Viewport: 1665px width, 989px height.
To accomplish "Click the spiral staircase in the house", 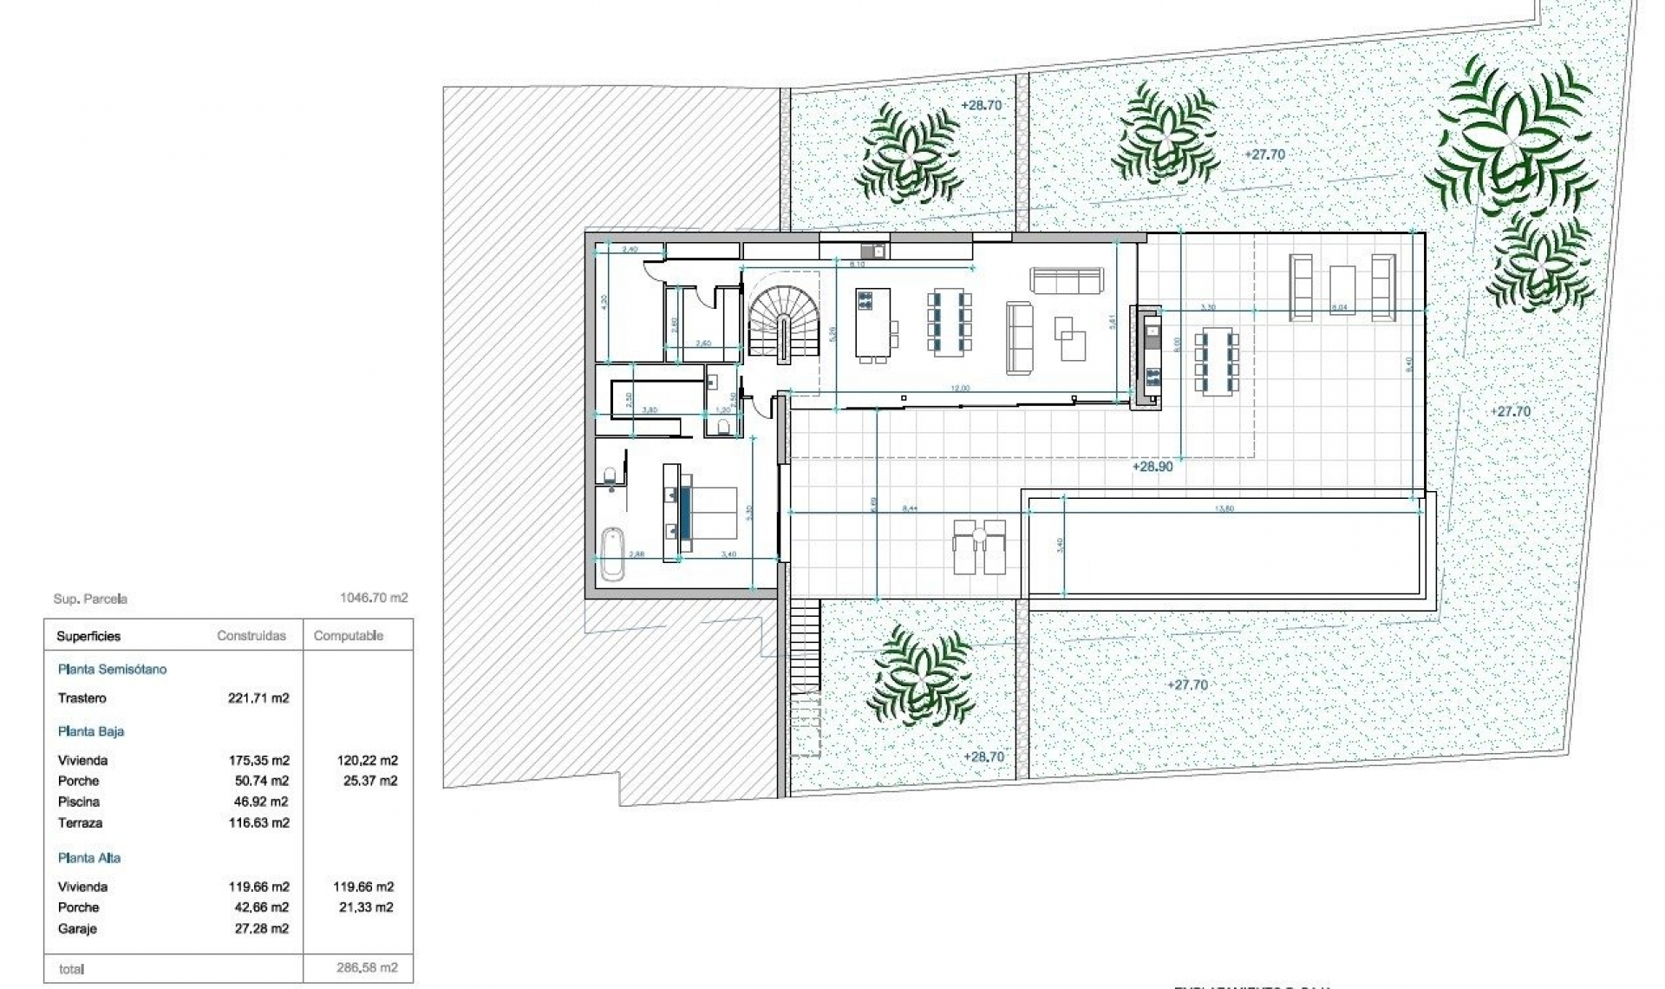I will tap(785, 323).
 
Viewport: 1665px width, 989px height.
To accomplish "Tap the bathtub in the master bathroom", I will tap(612, 554).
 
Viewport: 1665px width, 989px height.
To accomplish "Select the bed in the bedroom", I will tap(713, 513).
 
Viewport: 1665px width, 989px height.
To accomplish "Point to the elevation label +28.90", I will tap(1152, 467).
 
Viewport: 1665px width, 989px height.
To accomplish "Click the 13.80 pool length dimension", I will tap(1224, 508).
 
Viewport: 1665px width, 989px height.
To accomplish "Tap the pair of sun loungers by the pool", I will tap(980, 547).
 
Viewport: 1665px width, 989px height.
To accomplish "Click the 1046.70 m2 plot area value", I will tap(374, 598).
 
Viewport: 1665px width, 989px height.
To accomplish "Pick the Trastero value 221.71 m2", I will tap(258, 698).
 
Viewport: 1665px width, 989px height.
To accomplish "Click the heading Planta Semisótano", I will tap(112, 669).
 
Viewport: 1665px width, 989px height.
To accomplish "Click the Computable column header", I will tap(348, 636).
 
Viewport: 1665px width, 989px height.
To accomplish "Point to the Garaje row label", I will tap(77, 928).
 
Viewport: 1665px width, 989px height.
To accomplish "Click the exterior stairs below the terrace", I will tap(806, 646).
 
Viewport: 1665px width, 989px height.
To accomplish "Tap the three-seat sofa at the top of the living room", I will tap(1067, 279).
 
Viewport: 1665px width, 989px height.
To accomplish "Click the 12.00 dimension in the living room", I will tap(960, 389).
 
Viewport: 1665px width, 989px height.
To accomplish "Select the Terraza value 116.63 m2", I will tap(258, 822).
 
